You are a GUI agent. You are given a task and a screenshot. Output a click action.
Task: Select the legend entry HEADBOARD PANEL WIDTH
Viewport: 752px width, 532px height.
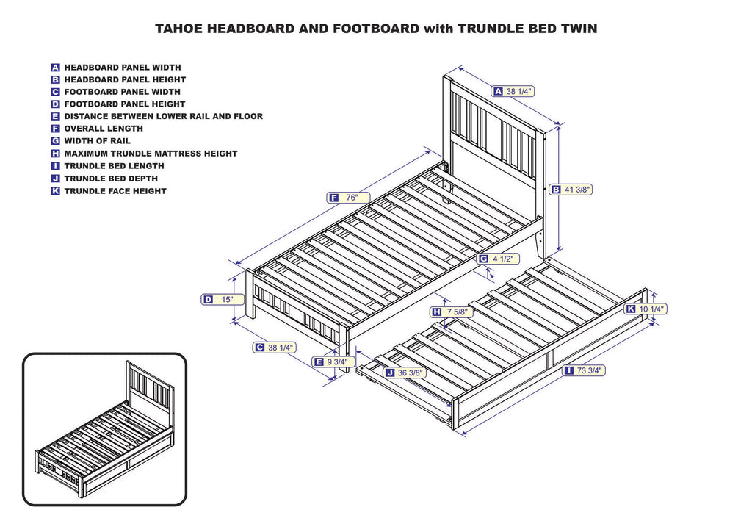(122, 67)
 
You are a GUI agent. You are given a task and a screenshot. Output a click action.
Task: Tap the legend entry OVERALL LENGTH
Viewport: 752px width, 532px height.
(103, 129)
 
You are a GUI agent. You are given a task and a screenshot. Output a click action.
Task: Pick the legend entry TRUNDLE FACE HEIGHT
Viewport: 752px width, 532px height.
(115, 191)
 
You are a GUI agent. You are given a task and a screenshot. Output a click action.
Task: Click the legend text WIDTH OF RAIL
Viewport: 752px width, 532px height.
(97, 141)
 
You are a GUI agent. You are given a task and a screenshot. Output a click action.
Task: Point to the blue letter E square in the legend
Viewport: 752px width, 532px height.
(55, 116)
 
